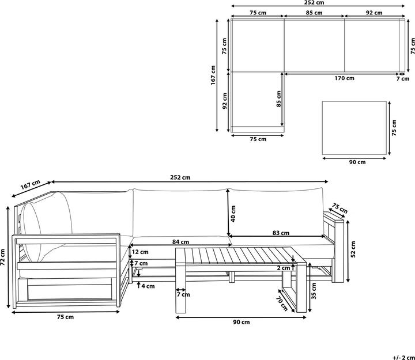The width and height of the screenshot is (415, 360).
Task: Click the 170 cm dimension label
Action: pos(344,78)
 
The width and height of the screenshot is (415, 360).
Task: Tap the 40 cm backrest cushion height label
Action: pos(233,214)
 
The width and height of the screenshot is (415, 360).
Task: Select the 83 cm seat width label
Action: pos(281,233)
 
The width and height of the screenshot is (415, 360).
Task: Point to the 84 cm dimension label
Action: pos(180,242)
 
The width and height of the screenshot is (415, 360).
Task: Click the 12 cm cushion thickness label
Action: pos(140,252)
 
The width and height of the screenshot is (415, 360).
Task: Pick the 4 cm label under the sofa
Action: pos(148,286)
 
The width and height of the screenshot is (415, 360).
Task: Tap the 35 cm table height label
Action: pos(314,291)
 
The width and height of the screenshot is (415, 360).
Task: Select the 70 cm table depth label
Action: pos(282,304)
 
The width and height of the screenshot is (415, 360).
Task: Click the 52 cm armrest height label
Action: pos(353,249)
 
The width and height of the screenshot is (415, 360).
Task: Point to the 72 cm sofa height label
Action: pos(3,257)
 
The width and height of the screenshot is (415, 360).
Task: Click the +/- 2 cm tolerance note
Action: pos(403,358)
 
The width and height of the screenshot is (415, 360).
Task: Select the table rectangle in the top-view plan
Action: pos(354,128)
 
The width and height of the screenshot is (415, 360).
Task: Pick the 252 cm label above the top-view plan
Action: pos(318,3)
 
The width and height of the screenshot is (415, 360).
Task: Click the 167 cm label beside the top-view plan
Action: pos(213,75)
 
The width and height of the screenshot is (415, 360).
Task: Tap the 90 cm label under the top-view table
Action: pos(357,162)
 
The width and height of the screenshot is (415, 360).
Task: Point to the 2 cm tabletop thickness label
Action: pos(284,268)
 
